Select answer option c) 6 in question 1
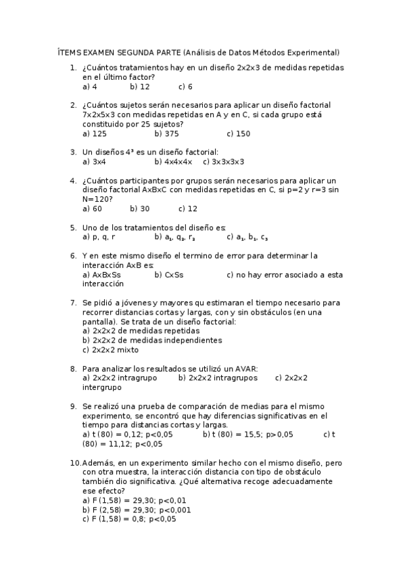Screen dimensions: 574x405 click(x=185, y=87)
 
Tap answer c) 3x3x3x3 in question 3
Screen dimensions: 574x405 click(x=223, y=162)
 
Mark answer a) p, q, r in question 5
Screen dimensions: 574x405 click(x=98, y=237)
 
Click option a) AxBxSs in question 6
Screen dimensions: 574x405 click(x=101, y=275)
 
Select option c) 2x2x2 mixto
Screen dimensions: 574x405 click(x=110, y=350)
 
